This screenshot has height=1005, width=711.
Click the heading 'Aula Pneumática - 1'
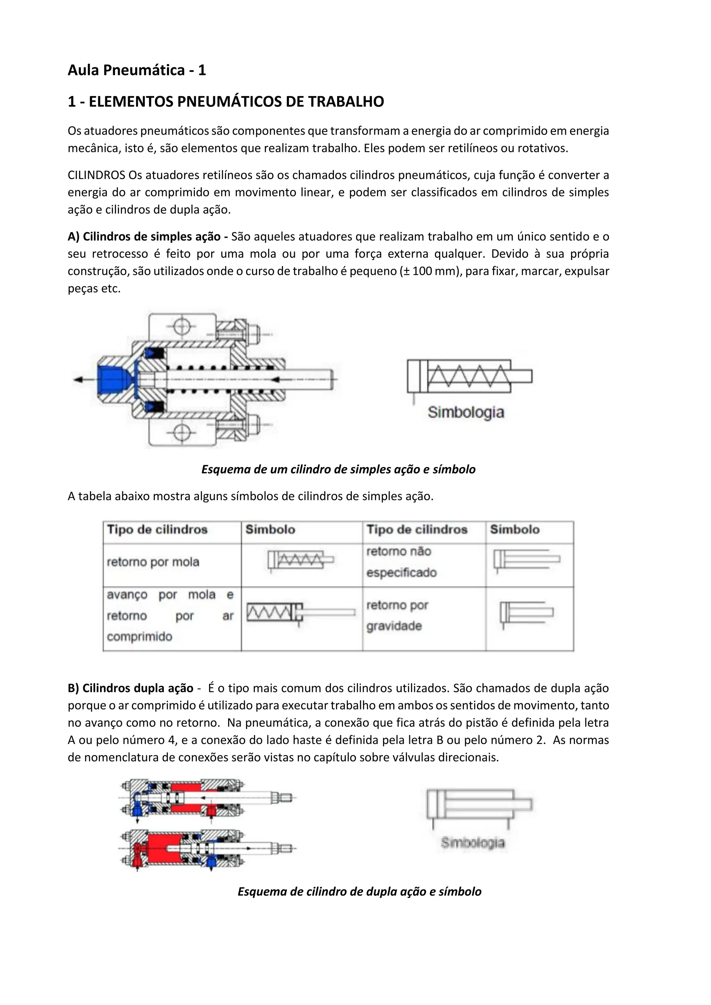(x=136, y=70)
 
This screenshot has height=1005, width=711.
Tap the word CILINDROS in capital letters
(x=96, y=175)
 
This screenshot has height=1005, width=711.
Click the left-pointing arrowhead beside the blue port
(x=79, y=380)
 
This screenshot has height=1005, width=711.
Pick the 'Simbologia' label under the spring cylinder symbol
(x=466, y=412)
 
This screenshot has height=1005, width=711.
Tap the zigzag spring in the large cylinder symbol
(x=468, y=377)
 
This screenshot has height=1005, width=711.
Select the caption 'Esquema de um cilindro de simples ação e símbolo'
(x=338, y=470)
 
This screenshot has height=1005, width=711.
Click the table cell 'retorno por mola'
(x=153, y=562)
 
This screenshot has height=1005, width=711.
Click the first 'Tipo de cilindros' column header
(x=157, y=530)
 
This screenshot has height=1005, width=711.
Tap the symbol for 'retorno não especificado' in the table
(x=527, y=559)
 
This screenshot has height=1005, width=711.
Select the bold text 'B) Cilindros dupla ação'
(x=131, y=689)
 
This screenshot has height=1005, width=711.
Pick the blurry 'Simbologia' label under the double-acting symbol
(x=473, y=843)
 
